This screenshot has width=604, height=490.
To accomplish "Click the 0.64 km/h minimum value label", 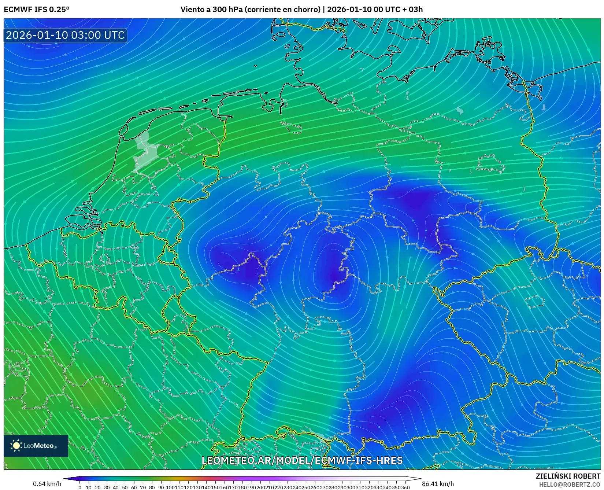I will (47, 484).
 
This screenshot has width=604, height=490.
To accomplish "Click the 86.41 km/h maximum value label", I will (438, 484).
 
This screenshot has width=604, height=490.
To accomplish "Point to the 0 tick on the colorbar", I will (80, 487).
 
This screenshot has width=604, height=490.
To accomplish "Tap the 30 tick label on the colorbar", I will (107, 487).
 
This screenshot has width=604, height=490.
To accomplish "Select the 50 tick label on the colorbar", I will (125, 487).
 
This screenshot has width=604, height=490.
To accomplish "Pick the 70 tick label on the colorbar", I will (142, 487).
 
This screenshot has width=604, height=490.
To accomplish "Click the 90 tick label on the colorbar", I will (160, 487).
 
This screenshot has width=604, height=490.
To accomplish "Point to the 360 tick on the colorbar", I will (405, 487).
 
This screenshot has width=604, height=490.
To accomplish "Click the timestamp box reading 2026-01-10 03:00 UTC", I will (65, 35).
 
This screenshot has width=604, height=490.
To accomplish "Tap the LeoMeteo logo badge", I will (36, 446).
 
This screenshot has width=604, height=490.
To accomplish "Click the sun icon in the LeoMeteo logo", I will (16, 446).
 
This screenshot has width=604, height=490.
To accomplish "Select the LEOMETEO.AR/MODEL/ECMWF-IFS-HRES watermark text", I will (302, 460).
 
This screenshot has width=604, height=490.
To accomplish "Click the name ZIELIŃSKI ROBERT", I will (568, 476).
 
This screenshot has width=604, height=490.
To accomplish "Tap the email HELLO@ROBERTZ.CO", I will (570, 485).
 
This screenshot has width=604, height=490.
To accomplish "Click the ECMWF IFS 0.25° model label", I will (36, 10).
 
